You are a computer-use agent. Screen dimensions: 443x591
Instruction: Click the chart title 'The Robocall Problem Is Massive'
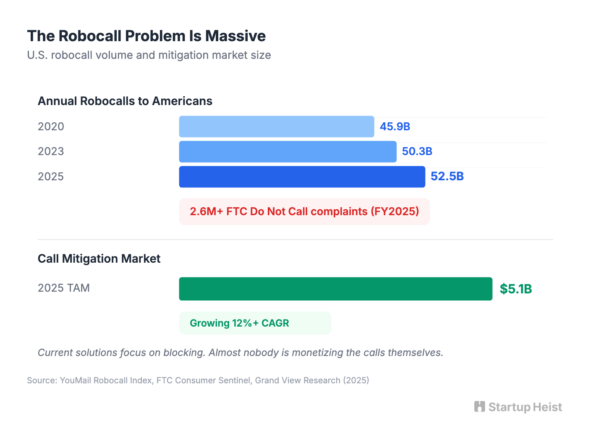point(146,36)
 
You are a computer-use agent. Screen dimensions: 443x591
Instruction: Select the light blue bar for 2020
point(276,127)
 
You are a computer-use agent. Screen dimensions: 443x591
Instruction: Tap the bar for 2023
point(288,151)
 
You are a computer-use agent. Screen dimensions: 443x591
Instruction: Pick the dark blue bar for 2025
point(302,177)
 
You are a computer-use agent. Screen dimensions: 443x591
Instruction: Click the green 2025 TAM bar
point(335,289)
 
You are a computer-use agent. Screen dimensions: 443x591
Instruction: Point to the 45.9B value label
point(395,127)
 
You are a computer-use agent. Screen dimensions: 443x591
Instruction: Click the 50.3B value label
point(417,151)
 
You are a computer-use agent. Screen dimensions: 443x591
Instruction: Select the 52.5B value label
point(447,176)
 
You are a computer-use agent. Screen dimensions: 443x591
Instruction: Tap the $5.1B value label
point(515,289)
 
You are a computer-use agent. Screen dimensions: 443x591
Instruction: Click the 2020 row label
point(51,127)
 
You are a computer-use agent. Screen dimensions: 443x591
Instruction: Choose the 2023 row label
point(51,151)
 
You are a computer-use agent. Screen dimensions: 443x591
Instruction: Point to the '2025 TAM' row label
point(64,288)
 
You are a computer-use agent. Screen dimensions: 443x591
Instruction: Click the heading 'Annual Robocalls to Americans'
point(125,101)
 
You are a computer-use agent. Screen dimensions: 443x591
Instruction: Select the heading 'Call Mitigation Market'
point(99,258)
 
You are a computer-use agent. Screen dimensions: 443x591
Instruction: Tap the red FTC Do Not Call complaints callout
point(304,211)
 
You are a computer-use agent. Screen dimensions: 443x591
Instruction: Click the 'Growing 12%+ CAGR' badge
point(255,323)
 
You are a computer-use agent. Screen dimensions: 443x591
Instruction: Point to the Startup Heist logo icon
point(479,406)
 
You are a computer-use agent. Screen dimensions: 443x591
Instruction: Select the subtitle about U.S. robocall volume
point(149,55)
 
